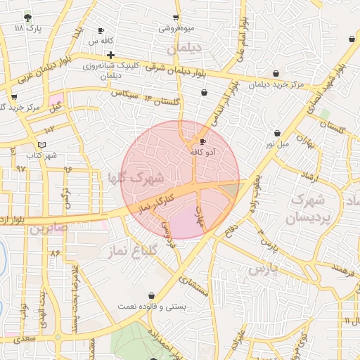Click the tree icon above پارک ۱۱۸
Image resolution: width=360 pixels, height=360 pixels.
[x=27, y=17]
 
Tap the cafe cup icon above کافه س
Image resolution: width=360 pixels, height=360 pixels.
[x=101, y=30]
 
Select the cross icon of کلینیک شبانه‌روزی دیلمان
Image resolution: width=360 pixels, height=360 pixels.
[x=111, y=54]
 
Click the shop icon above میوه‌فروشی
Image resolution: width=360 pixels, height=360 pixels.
[x=176, y=18]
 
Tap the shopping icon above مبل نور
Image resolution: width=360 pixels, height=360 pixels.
[x=278, y=133]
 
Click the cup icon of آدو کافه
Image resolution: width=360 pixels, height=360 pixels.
[x=203, y=141]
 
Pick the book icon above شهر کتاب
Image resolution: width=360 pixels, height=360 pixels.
[x=42, y=144]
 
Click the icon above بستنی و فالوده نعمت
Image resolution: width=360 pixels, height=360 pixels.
[x=153, y=295]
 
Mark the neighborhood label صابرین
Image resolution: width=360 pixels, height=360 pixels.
[x=50, y=228]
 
